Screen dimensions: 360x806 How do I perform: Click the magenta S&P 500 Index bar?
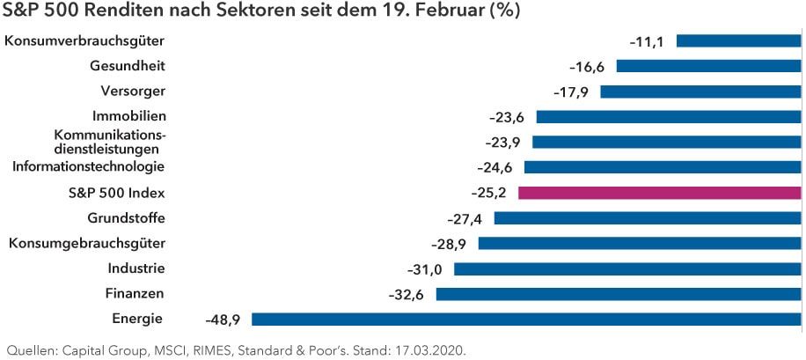pos(660,193)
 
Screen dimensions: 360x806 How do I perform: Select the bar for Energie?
pos(526,320)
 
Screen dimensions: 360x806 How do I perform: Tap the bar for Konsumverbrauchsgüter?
pos(738,40)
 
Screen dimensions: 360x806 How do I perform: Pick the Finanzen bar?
pos(619,294)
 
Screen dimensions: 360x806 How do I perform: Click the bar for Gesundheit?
pos(708,66)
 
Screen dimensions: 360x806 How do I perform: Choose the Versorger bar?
pos(700,92)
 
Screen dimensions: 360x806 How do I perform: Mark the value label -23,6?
pos(507,117)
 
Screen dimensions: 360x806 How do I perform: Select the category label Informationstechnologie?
pos(88,166)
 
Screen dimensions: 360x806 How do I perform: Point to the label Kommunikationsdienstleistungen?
pos(109,142)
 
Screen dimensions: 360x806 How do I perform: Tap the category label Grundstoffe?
pos(127,217)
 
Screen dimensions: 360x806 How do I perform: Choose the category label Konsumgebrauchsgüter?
pos(87,243)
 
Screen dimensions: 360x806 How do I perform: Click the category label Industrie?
pos(136,268)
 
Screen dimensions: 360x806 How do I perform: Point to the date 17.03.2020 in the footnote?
pos(429,349)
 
